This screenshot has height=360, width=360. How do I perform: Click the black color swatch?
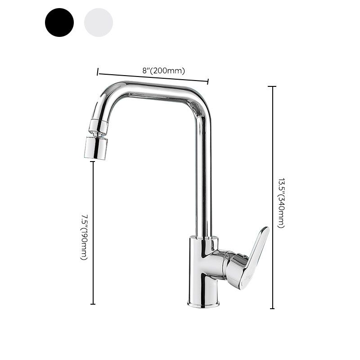[x=59, y=22]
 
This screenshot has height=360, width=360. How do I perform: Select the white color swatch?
[x=98, y=22]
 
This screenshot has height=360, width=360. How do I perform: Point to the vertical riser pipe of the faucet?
[x=203, y=180]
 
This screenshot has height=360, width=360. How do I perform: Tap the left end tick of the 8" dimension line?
[x=98, y=72]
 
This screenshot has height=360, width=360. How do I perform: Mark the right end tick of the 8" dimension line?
[x=208, y=81]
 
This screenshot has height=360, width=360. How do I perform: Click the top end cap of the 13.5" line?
[x=272, y=86]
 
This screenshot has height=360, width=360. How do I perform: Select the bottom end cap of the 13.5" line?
[x=272, y=308]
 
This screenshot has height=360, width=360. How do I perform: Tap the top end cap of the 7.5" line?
[x=93, y=162]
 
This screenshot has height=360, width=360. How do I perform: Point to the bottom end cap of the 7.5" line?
[x=93, y=304]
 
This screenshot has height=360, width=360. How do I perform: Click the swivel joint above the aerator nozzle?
[x=99, y=126]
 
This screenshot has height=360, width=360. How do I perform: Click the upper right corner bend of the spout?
[x=201, y=101]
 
